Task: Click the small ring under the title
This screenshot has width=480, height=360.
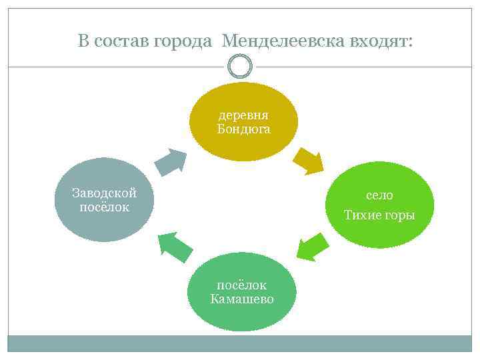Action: point(240,66)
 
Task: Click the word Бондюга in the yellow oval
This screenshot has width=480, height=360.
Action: point(243,129)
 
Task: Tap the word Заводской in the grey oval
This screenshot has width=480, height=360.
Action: point(104,193)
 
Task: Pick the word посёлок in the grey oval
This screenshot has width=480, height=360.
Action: point(104,207)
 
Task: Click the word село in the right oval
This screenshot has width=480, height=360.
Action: point(379,195)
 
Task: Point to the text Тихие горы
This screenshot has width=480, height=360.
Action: point(379,215)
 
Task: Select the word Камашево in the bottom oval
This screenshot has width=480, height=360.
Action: point(241,299)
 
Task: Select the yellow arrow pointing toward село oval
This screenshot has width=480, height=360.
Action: point(307,160)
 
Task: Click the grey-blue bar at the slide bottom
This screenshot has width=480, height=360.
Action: point(240,343)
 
